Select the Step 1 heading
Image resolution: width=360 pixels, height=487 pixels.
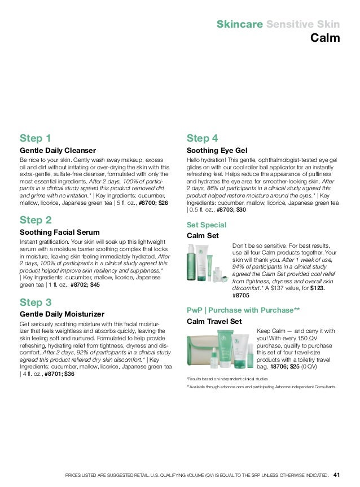[x=36, y=138]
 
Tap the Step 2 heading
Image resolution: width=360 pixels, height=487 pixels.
[x=36, y=220]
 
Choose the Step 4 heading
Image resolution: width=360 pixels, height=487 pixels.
[x=202, y=138]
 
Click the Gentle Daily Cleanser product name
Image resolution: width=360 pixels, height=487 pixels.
[x=58, y=151]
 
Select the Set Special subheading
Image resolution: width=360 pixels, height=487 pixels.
[x=206, y=224]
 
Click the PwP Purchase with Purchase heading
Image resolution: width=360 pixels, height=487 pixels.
[x=243, y=310]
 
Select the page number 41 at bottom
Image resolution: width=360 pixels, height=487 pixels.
[x=337, y=474]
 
